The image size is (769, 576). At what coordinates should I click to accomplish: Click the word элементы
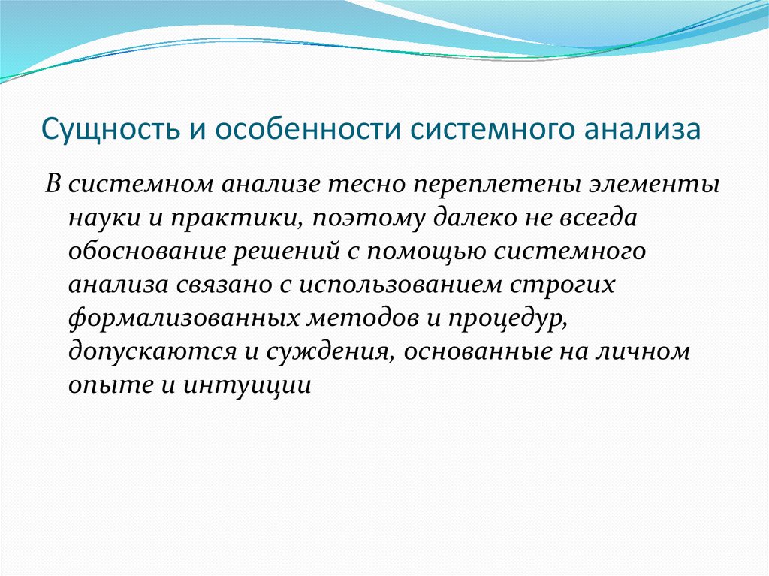(x=654, y=185)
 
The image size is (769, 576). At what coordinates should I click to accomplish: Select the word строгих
(x=562, y=285)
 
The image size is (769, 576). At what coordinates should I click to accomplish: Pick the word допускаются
(x=152, y=351)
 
